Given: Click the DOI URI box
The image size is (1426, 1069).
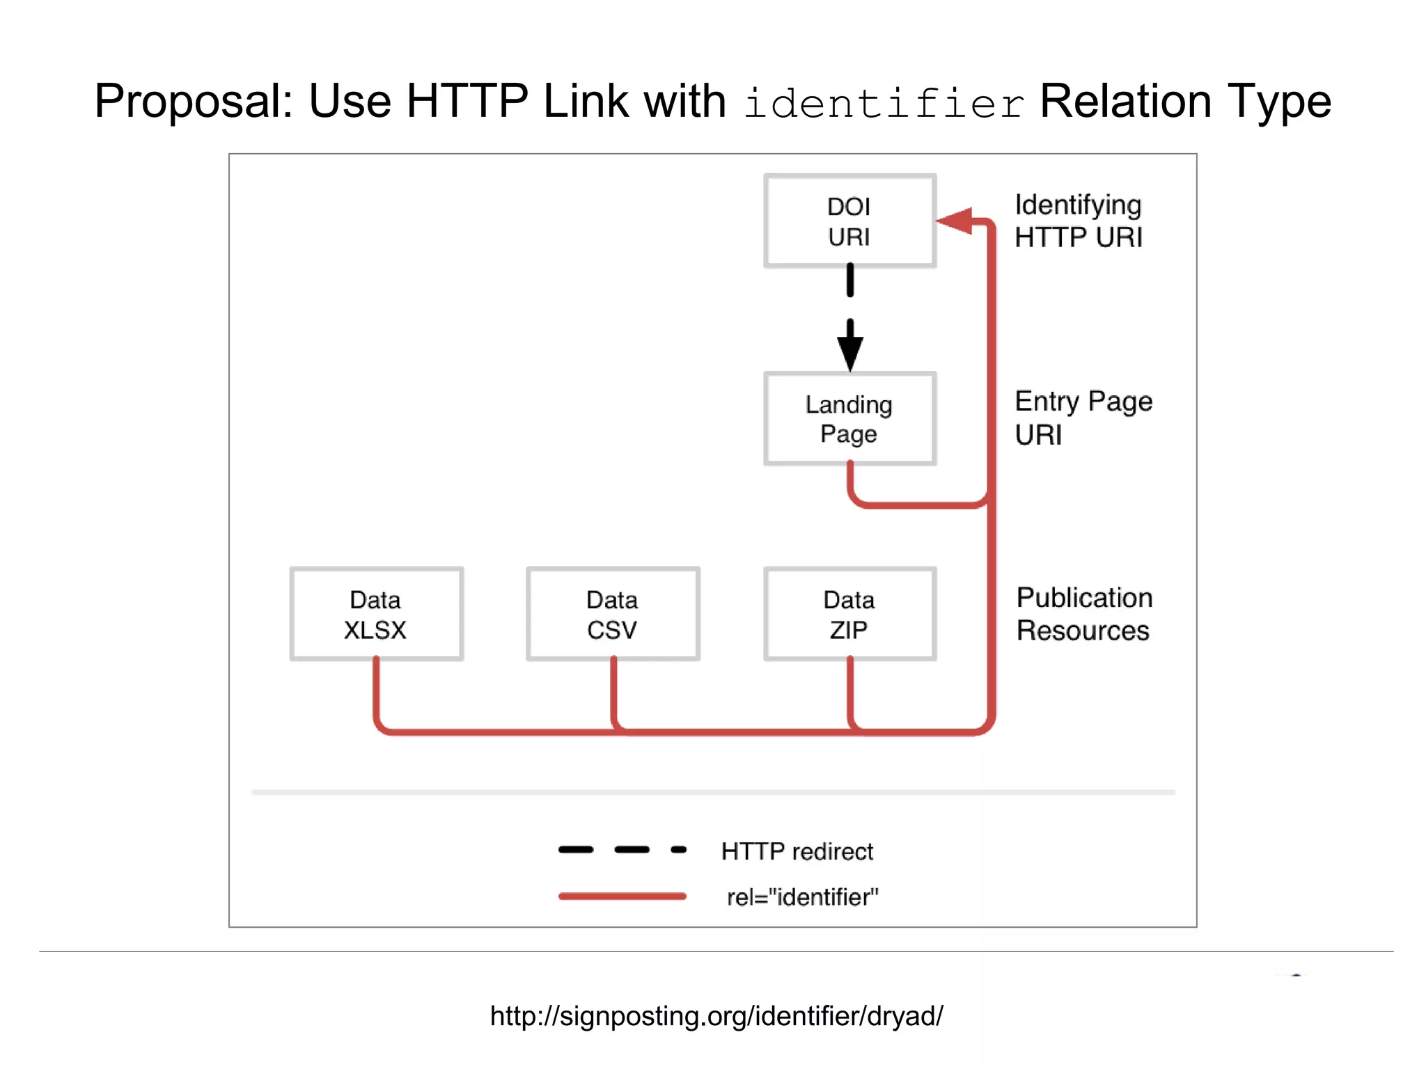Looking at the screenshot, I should (849, 221).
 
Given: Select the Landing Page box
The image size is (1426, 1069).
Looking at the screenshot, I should (849, 418).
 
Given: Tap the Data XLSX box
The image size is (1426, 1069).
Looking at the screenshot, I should (376, 614).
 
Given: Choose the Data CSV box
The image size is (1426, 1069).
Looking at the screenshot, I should (613, 614).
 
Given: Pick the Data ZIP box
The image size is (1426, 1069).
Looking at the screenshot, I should (849, 614).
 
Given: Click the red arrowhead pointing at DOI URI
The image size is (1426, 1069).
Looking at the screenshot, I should (955, 221).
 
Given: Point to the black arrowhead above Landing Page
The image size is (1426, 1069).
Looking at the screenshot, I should (850, 351).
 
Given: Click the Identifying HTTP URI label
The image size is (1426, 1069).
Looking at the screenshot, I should (1078, 221).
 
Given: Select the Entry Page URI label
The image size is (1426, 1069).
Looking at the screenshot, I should (1083, 418).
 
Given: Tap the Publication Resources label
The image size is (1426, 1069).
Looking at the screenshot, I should (1083, 614).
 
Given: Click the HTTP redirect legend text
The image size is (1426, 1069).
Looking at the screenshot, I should (797, 851).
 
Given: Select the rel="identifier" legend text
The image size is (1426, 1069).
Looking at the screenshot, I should (802, 897).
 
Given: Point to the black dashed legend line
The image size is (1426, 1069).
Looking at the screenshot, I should (622, 850).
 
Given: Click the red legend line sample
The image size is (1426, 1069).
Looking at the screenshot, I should (622, 896).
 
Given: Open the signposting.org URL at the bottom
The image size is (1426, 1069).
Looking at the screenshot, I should (716, 1016).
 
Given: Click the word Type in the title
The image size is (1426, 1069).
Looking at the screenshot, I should (1279, 102).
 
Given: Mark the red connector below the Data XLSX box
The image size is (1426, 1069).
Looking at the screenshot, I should (377, 692).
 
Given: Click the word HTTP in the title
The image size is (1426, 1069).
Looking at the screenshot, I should (467, 102).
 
